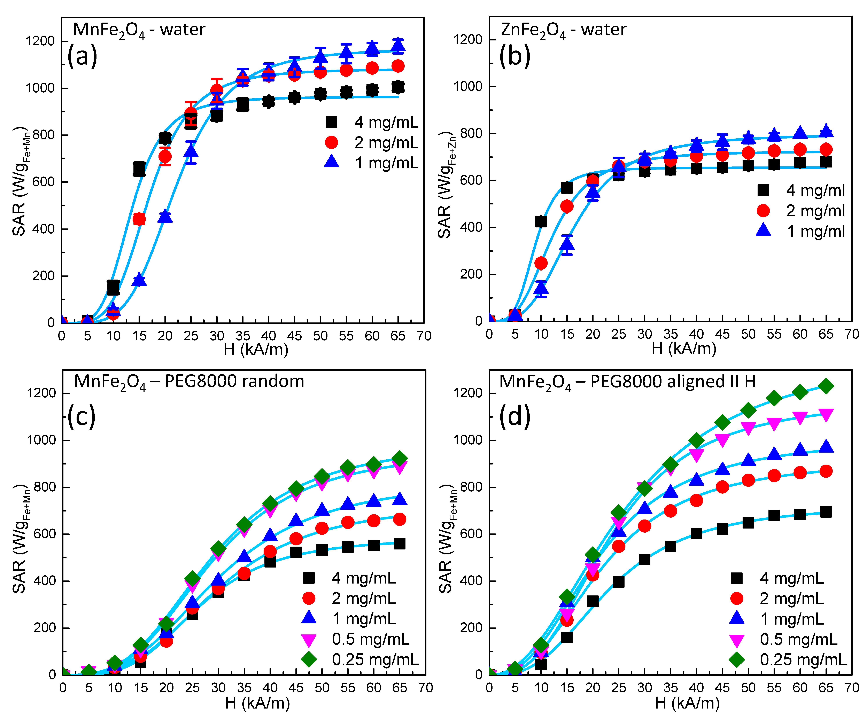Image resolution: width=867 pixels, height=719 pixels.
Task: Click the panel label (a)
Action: pyautogui.click(x=82, y=56)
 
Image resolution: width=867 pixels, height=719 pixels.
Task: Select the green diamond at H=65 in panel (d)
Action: pyautogui.click(x=826, y=386)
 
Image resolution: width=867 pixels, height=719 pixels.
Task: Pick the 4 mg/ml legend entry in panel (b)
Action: pyautogui.click(x=801, y=190)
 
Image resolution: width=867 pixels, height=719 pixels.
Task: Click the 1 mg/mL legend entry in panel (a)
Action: pyautogui.click(x=372, y=163)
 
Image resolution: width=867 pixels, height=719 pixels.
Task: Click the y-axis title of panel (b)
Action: pyautogui.click(x=446, y=185)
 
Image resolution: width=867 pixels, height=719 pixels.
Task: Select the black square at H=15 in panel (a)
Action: pyautogui.click(x=139, y=169)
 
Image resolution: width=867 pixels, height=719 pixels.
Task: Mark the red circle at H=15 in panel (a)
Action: pyautogui.click(x=139, y=219)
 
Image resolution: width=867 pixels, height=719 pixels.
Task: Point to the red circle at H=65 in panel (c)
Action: pyautogui.click(x=399, y=519)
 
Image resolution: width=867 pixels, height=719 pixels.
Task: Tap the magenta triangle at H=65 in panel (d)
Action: pyautogui.click(x=826, y=414)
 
